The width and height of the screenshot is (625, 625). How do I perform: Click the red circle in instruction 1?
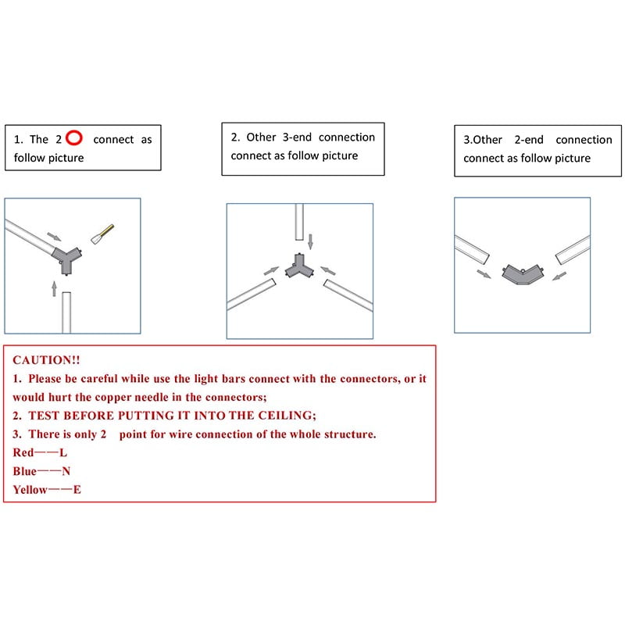click(x=74, y=139)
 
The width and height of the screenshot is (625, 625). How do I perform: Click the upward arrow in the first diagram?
click(x=54, y=289)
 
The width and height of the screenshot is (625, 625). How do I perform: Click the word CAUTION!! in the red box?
click(x=46, y=360)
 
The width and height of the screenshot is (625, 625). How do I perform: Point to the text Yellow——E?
click(x=46, y=490)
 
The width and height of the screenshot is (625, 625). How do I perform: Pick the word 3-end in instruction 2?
click(x=296, y=137)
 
